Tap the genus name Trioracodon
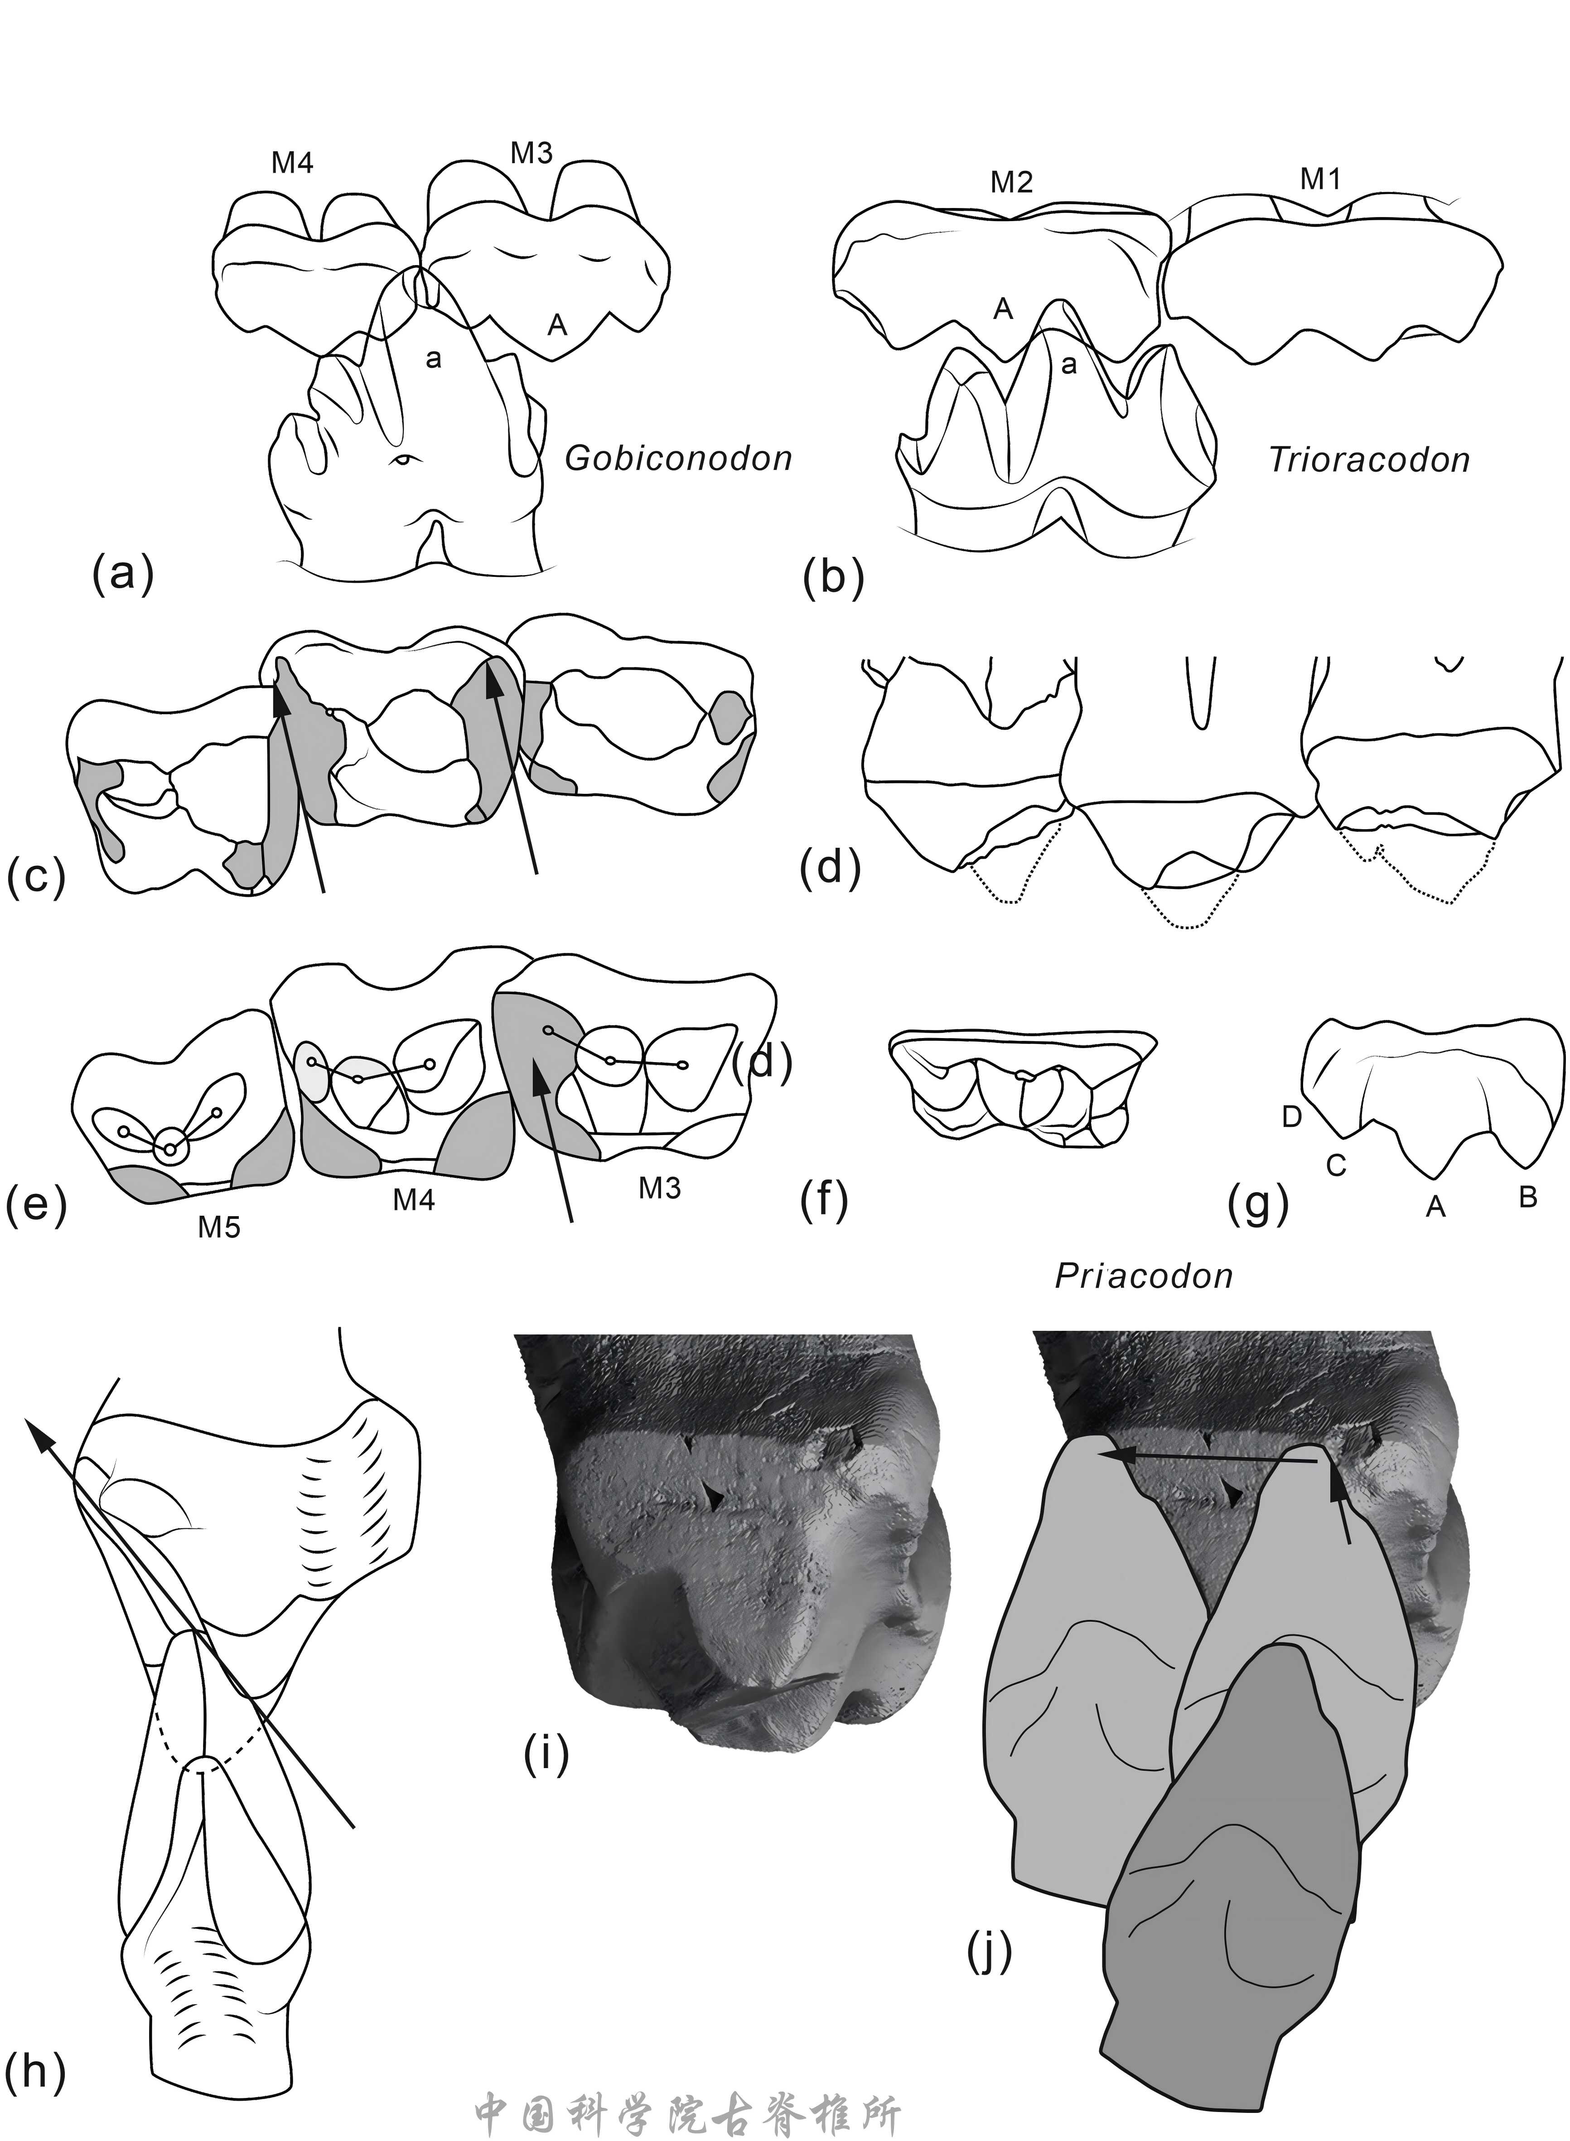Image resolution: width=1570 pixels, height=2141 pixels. click(x=1369, y=460)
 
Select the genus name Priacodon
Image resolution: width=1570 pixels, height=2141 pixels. click(x=1143, y=1275)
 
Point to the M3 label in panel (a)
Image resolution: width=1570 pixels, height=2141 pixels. click(x=532, y=153)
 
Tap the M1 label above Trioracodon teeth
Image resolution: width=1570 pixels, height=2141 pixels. click(x=1320, y=179)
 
